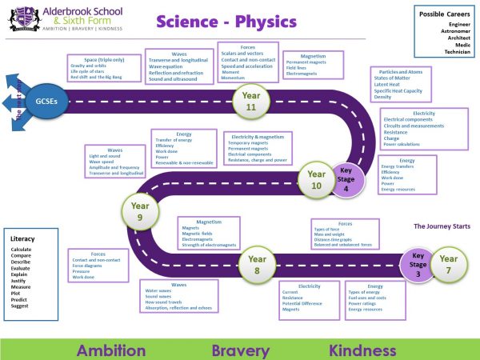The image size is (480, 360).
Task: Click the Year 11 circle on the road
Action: click(x=250, y=100)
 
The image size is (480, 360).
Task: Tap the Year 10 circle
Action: click(x=316, y=178)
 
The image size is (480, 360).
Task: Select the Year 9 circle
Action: click(x=134, y=210)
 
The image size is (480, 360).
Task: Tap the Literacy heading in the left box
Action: click(x=22, y=239)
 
